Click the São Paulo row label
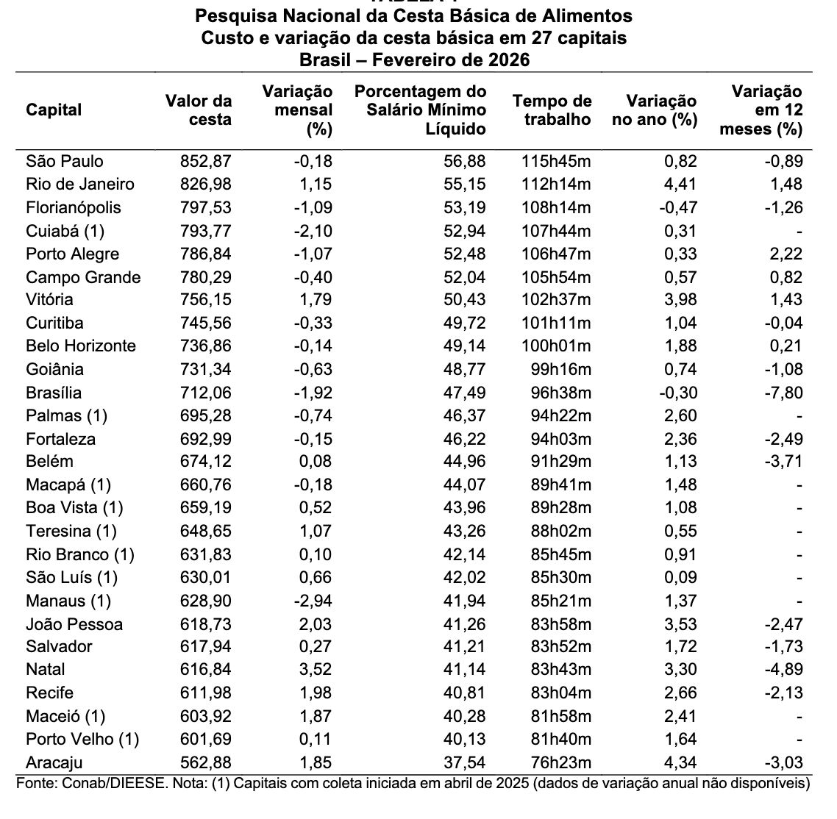pos(64,161)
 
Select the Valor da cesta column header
pos(199,110)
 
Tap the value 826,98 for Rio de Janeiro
pos(206,184)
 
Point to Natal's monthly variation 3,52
pos(315,669)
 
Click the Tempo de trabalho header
pos(552,110)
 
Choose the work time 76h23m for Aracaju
pos(562,762)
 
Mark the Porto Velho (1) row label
pos(82,739)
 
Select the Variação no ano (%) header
pos(655,110)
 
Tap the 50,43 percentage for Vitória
pos(468,299)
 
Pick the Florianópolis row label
pos(73,207)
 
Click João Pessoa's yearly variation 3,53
pos(680,624)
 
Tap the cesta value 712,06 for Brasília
pos(206,393)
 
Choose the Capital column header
pos(54,110)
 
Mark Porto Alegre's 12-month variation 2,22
pos(785,254)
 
